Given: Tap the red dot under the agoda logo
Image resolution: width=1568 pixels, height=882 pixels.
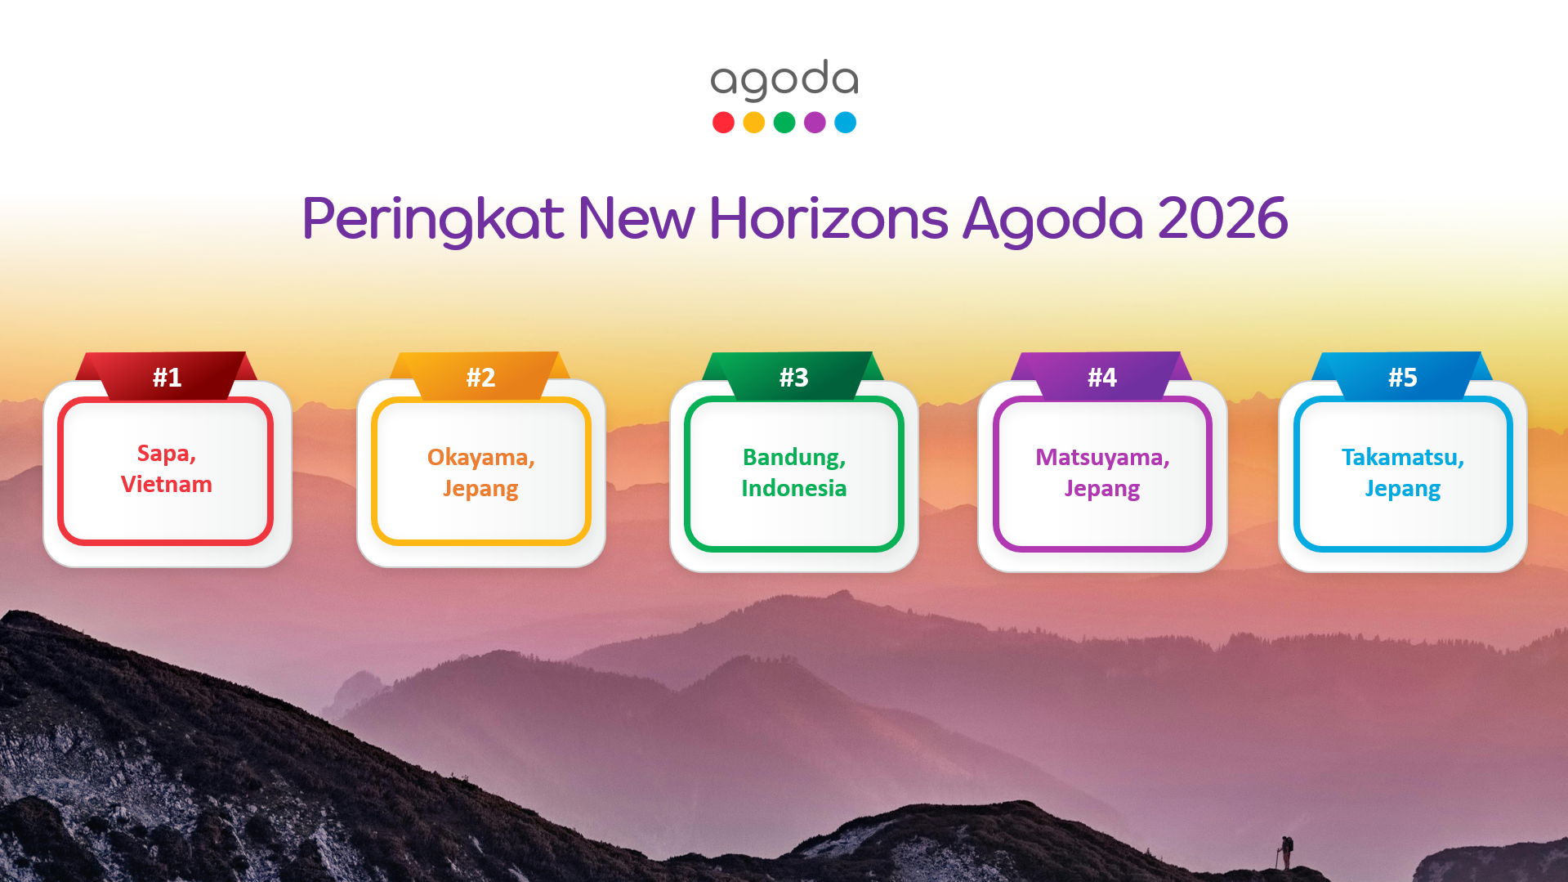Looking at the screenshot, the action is click(x=723, y=123).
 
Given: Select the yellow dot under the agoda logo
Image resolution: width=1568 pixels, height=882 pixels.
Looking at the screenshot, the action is click(x=754, y=123).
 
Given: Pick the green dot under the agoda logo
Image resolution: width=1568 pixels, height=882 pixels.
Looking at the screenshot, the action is click(x=784, y=123).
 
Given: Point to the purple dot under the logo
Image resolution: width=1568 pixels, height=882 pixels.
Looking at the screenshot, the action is click(x=815, y=123).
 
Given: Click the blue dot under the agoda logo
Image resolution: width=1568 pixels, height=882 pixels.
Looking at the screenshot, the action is click(x=846, y=123).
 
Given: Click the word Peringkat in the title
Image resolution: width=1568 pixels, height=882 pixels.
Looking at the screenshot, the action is click(x=433, y=220).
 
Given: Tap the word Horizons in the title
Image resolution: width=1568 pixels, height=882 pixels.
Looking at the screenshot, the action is click(x=829, y=218).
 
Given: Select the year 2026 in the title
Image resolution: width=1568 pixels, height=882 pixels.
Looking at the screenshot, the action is click(x=1222, y=218).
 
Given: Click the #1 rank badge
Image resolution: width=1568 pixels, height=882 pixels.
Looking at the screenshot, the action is click(x=167, y=376).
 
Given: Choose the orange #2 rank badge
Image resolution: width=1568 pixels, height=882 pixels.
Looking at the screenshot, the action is click(x=480, y=376).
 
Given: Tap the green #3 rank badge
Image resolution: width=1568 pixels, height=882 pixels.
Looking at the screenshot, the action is click(x=793, y=376).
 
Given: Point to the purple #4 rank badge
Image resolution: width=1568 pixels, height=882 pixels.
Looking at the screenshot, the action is click(x=1101, y=376).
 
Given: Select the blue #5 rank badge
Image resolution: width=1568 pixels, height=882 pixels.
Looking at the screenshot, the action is click(x=1402, y=376).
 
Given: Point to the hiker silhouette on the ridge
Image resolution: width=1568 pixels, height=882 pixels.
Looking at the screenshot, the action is click(x=1285, y=853).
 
